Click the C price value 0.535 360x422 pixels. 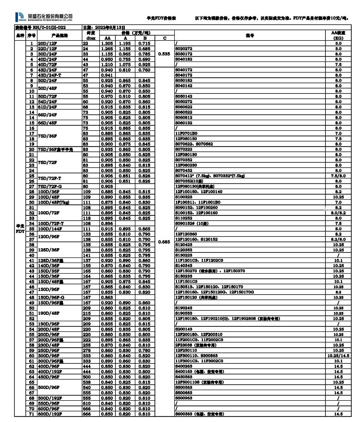coord(165,54)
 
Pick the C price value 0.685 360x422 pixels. coord(165,241)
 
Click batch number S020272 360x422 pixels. coord(183,48)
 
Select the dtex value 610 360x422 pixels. coord(86,404)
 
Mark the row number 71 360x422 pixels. coord(31,414)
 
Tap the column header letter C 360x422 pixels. coord(165,38)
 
